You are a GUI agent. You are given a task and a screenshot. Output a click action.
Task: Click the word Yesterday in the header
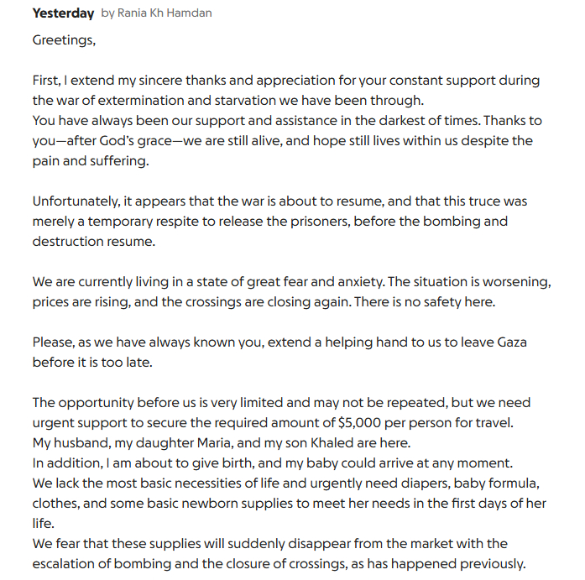pos(63,13)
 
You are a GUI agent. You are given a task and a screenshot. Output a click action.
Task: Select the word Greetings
pos(64,39)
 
